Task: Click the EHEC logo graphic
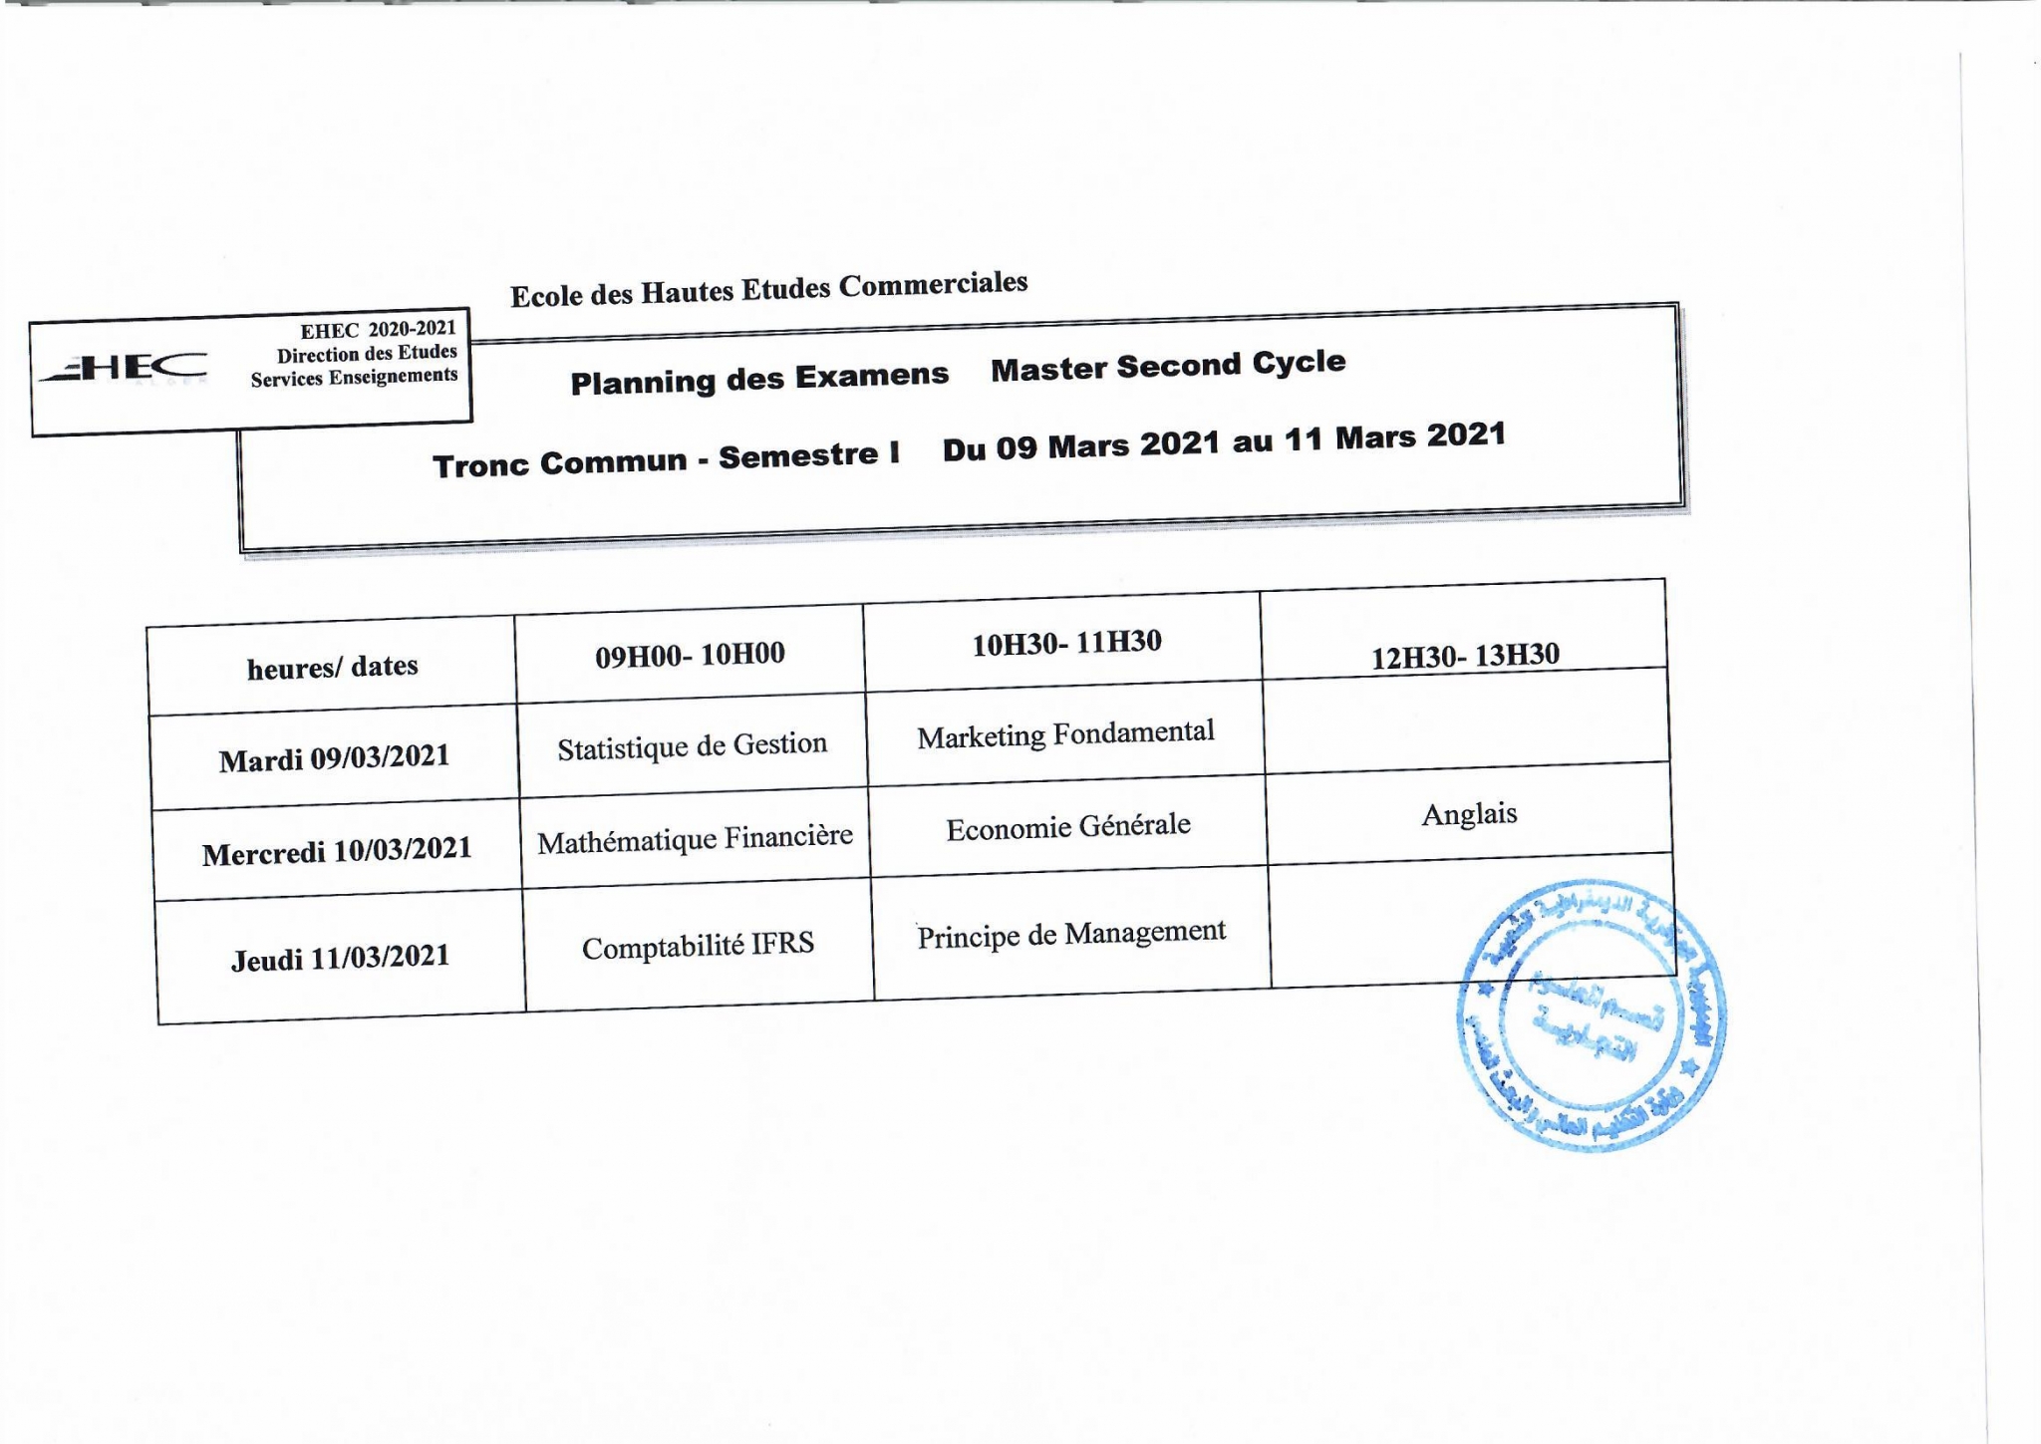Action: point(125,368)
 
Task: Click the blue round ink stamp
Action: point(1592,1015)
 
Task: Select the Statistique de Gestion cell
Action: point(692,746)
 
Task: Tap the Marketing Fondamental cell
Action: point(1065,734)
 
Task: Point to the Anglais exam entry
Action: point(1469,814)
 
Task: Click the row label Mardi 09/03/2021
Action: point(334,758)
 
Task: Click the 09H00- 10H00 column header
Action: point(690,655)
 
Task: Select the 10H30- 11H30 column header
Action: point(1066,643)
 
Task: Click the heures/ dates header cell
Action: point(332,667)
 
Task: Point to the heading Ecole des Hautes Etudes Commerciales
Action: point(768,289)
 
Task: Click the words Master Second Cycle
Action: point(1168,366)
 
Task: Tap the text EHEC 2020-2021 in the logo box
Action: point(378,329)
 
